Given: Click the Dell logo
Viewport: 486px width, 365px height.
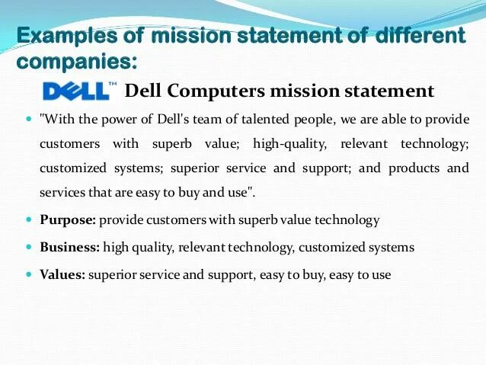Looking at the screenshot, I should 75,91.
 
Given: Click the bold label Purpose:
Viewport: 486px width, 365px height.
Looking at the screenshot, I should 68,220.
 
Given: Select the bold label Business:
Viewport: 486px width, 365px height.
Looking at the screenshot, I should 69,248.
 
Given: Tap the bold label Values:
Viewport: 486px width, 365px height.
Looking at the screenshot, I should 62,275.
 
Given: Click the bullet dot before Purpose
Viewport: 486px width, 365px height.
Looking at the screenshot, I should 30,220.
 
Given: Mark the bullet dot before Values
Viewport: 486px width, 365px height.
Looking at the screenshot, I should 30,275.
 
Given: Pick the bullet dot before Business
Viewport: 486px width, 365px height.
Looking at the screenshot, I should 30,248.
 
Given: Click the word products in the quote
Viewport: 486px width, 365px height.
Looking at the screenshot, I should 414,168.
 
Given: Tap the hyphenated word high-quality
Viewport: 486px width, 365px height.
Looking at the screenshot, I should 288,144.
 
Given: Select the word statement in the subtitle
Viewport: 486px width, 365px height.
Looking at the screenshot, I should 388,91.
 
